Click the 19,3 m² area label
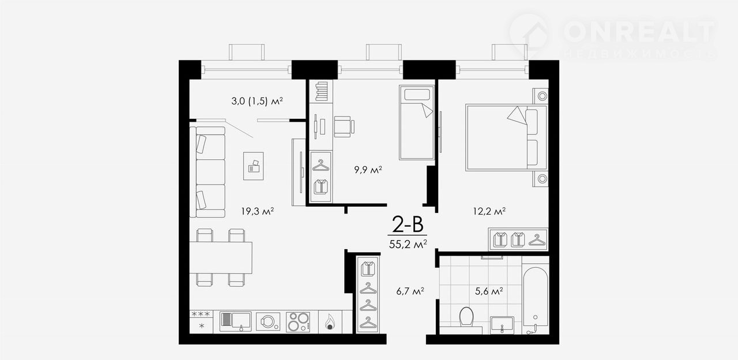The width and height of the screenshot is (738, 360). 258,211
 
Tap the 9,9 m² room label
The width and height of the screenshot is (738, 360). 368,170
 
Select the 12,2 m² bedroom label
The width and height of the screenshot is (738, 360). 490,211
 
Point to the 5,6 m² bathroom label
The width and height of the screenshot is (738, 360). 488,291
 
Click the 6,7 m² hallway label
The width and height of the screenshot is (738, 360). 410,291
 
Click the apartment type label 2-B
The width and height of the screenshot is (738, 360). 407,224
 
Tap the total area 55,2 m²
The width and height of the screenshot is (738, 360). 408,244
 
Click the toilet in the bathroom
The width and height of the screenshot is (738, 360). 466,317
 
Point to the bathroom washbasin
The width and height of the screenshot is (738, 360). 502,325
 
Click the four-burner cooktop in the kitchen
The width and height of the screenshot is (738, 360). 298,322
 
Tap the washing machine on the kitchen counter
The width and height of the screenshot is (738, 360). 268,321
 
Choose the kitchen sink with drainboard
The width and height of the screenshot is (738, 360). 235,321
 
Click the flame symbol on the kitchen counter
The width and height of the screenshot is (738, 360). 330,322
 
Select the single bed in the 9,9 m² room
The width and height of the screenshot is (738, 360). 416,122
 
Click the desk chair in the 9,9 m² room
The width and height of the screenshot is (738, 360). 344,126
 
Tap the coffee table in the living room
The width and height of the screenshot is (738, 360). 253,166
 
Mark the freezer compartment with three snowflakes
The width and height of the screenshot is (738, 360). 201,314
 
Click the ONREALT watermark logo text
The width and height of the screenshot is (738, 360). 639,32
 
